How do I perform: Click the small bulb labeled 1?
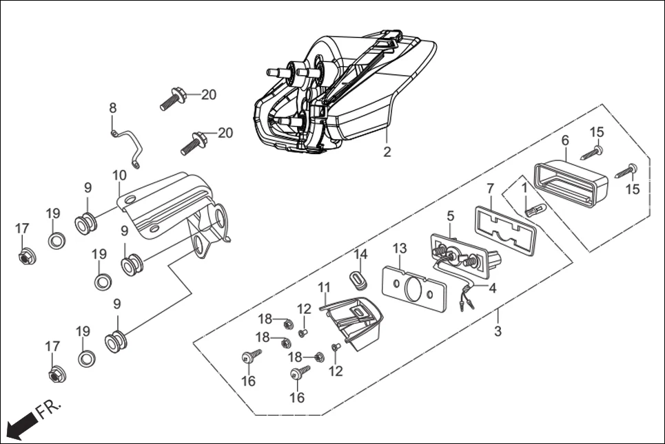point(535,209)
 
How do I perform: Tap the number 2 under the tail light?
point(387,152)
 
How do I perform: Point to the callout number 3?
point(498,331)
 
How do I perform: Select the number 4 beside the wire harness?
point(492,288)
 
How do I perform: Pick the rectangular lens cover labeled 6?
point(572,180)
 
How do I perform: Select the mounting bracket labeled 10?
point(176,207)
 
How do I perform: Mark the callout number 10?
point(119,176)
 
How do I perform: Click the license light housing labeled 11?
point(354,321)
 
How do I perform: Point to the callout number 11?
point(325,286)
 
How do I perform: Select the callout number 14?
point(361,254)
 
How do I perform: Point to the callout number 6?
point(565,140)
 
